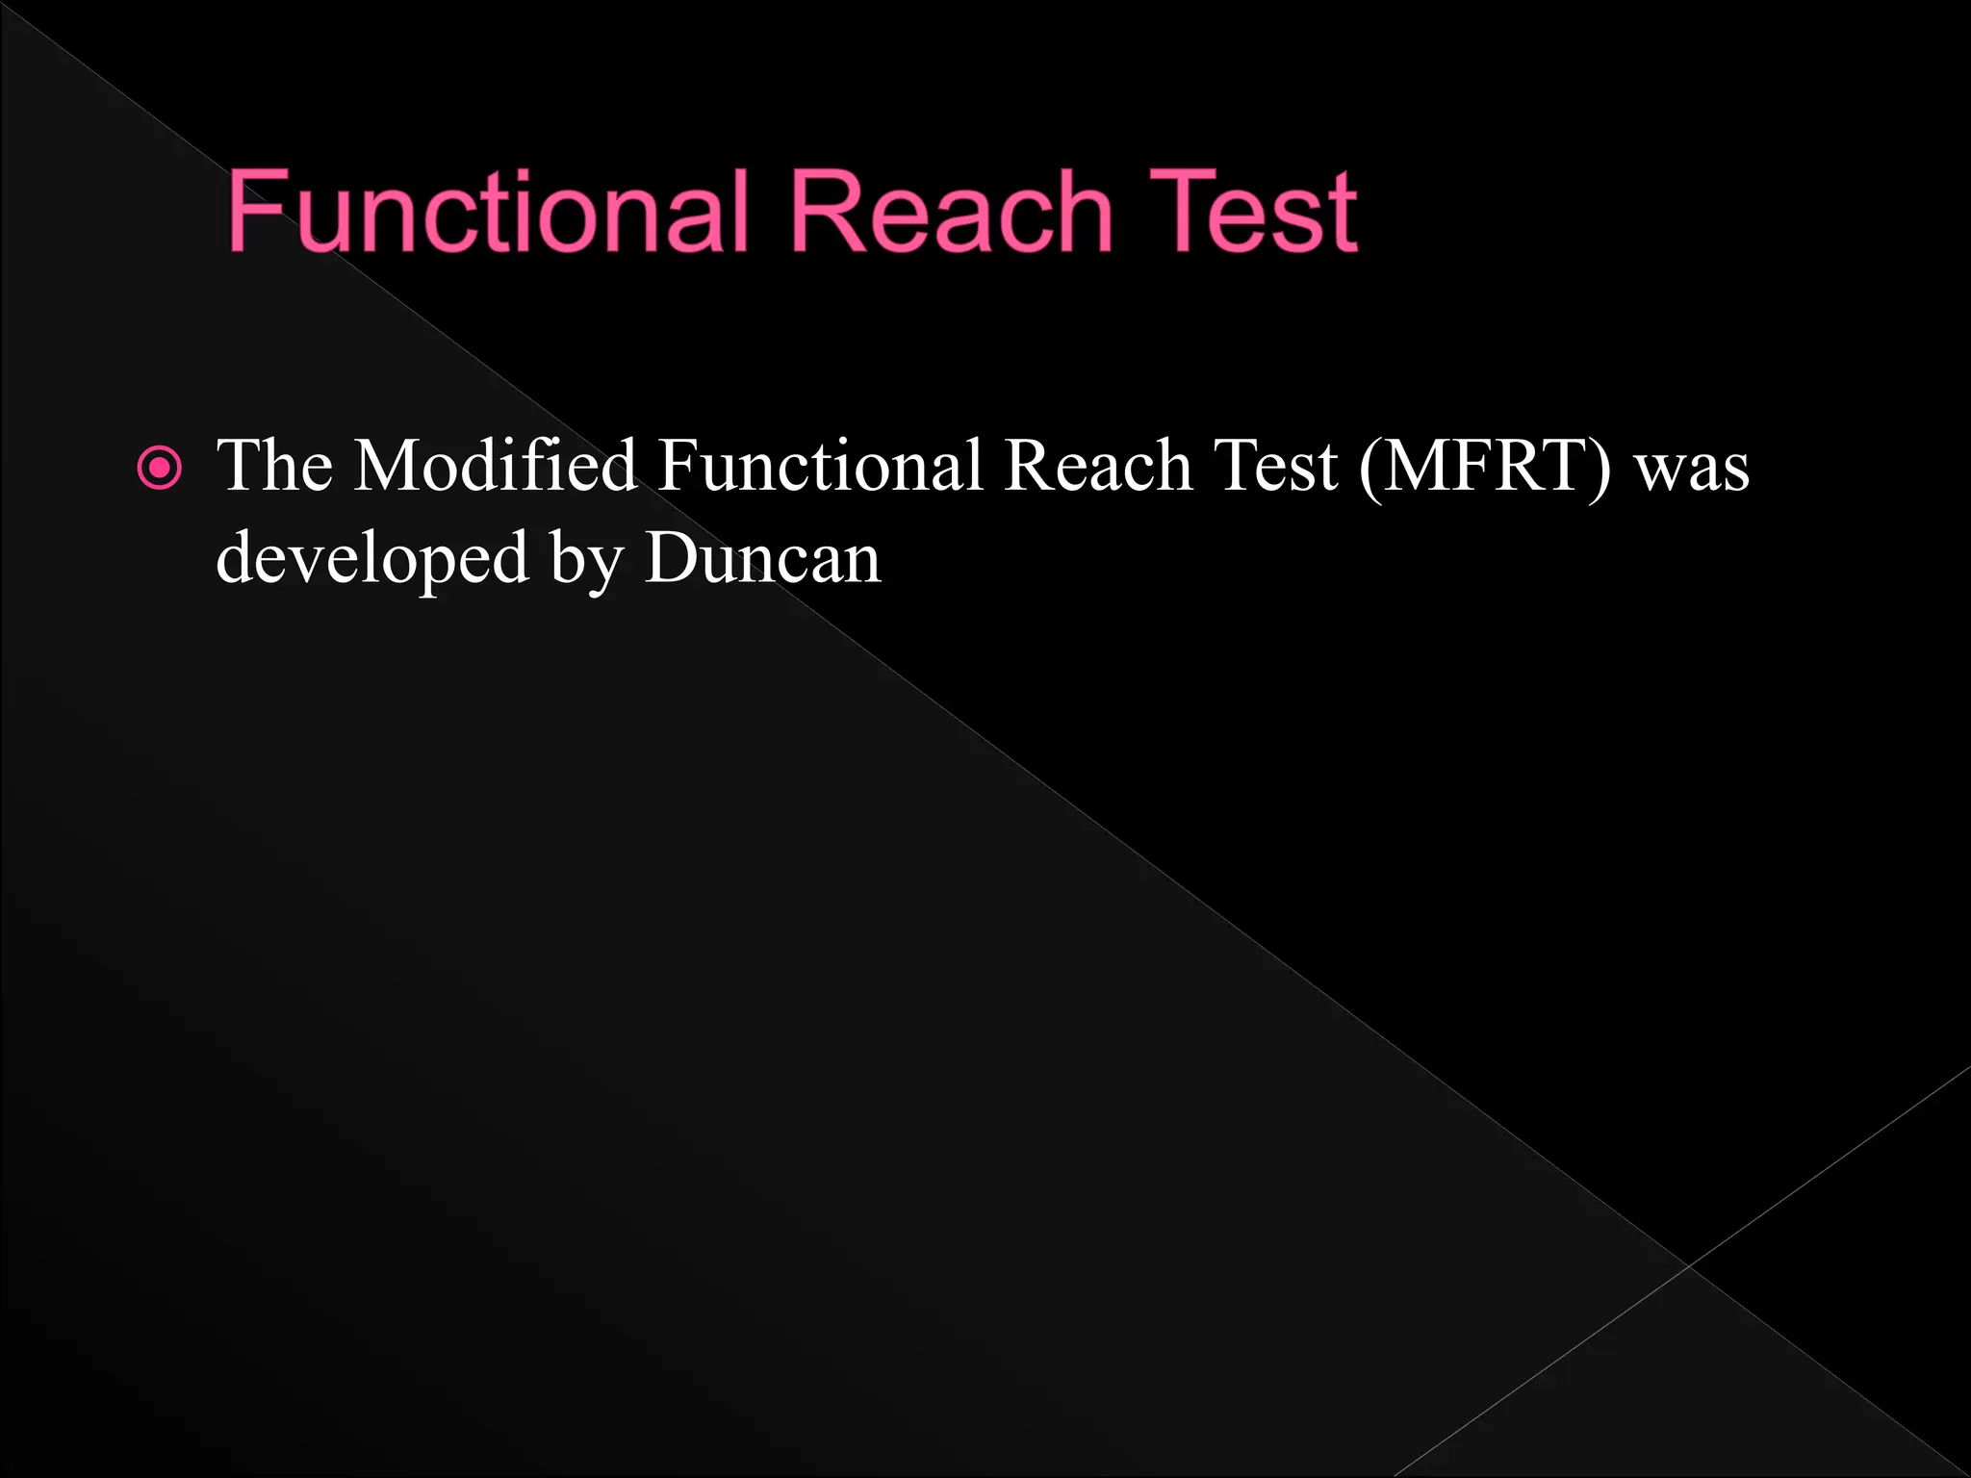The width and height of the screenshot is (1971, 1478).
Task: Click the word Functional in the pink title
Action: [488, 211]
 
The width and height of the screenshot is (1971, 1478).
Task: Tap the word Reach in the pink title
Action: [951, 211]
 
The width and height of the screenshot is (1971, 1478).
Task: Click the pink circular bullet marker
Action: [159, 470]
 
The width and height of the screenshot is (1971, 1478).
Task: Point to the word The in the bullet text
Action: [275, 467]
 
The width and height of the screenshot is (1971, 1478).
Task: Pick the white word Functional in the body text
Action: [821, 467]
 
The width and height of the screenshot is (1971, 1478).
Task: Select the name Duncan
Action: [763, 558]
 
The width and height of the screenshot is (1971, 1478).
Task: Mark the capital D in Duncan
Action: [670, 558]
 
